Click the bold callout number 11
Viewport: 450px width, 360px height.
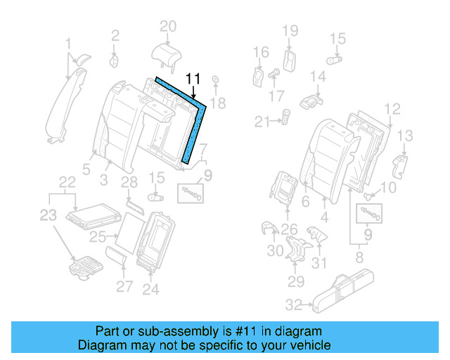[193, 79]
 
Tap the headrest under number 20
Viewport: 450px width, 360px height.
[166, 54]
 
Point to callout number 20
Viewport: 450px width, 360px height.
[167, 27]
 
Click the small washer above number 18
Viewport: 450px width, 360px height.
[215, 79]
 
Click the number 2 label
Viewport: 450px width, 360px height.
[115, 33]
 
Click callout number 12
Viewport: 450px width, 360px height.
[392, 108]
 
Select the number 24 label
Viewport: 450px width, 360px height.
[150, 288]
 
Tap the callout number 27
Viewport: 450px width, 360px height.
[124, 286]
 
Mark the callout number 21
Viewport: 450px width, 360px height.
[262, 122]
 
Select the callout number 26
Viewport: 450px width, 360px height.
[289, 228]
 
